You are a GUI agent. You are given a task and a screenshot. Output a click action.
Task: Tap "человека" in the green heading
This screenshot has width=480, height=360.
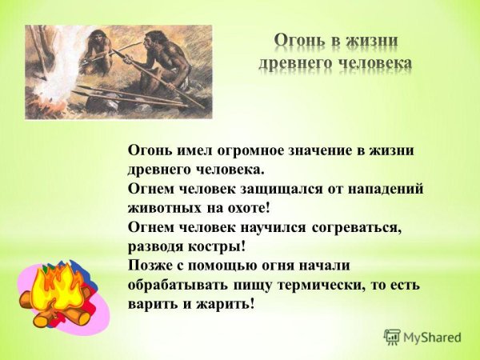coord(372,63)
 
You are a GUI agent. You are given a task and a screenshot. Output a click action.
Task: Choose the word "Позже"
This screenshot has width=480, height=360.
coord(149,266)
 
